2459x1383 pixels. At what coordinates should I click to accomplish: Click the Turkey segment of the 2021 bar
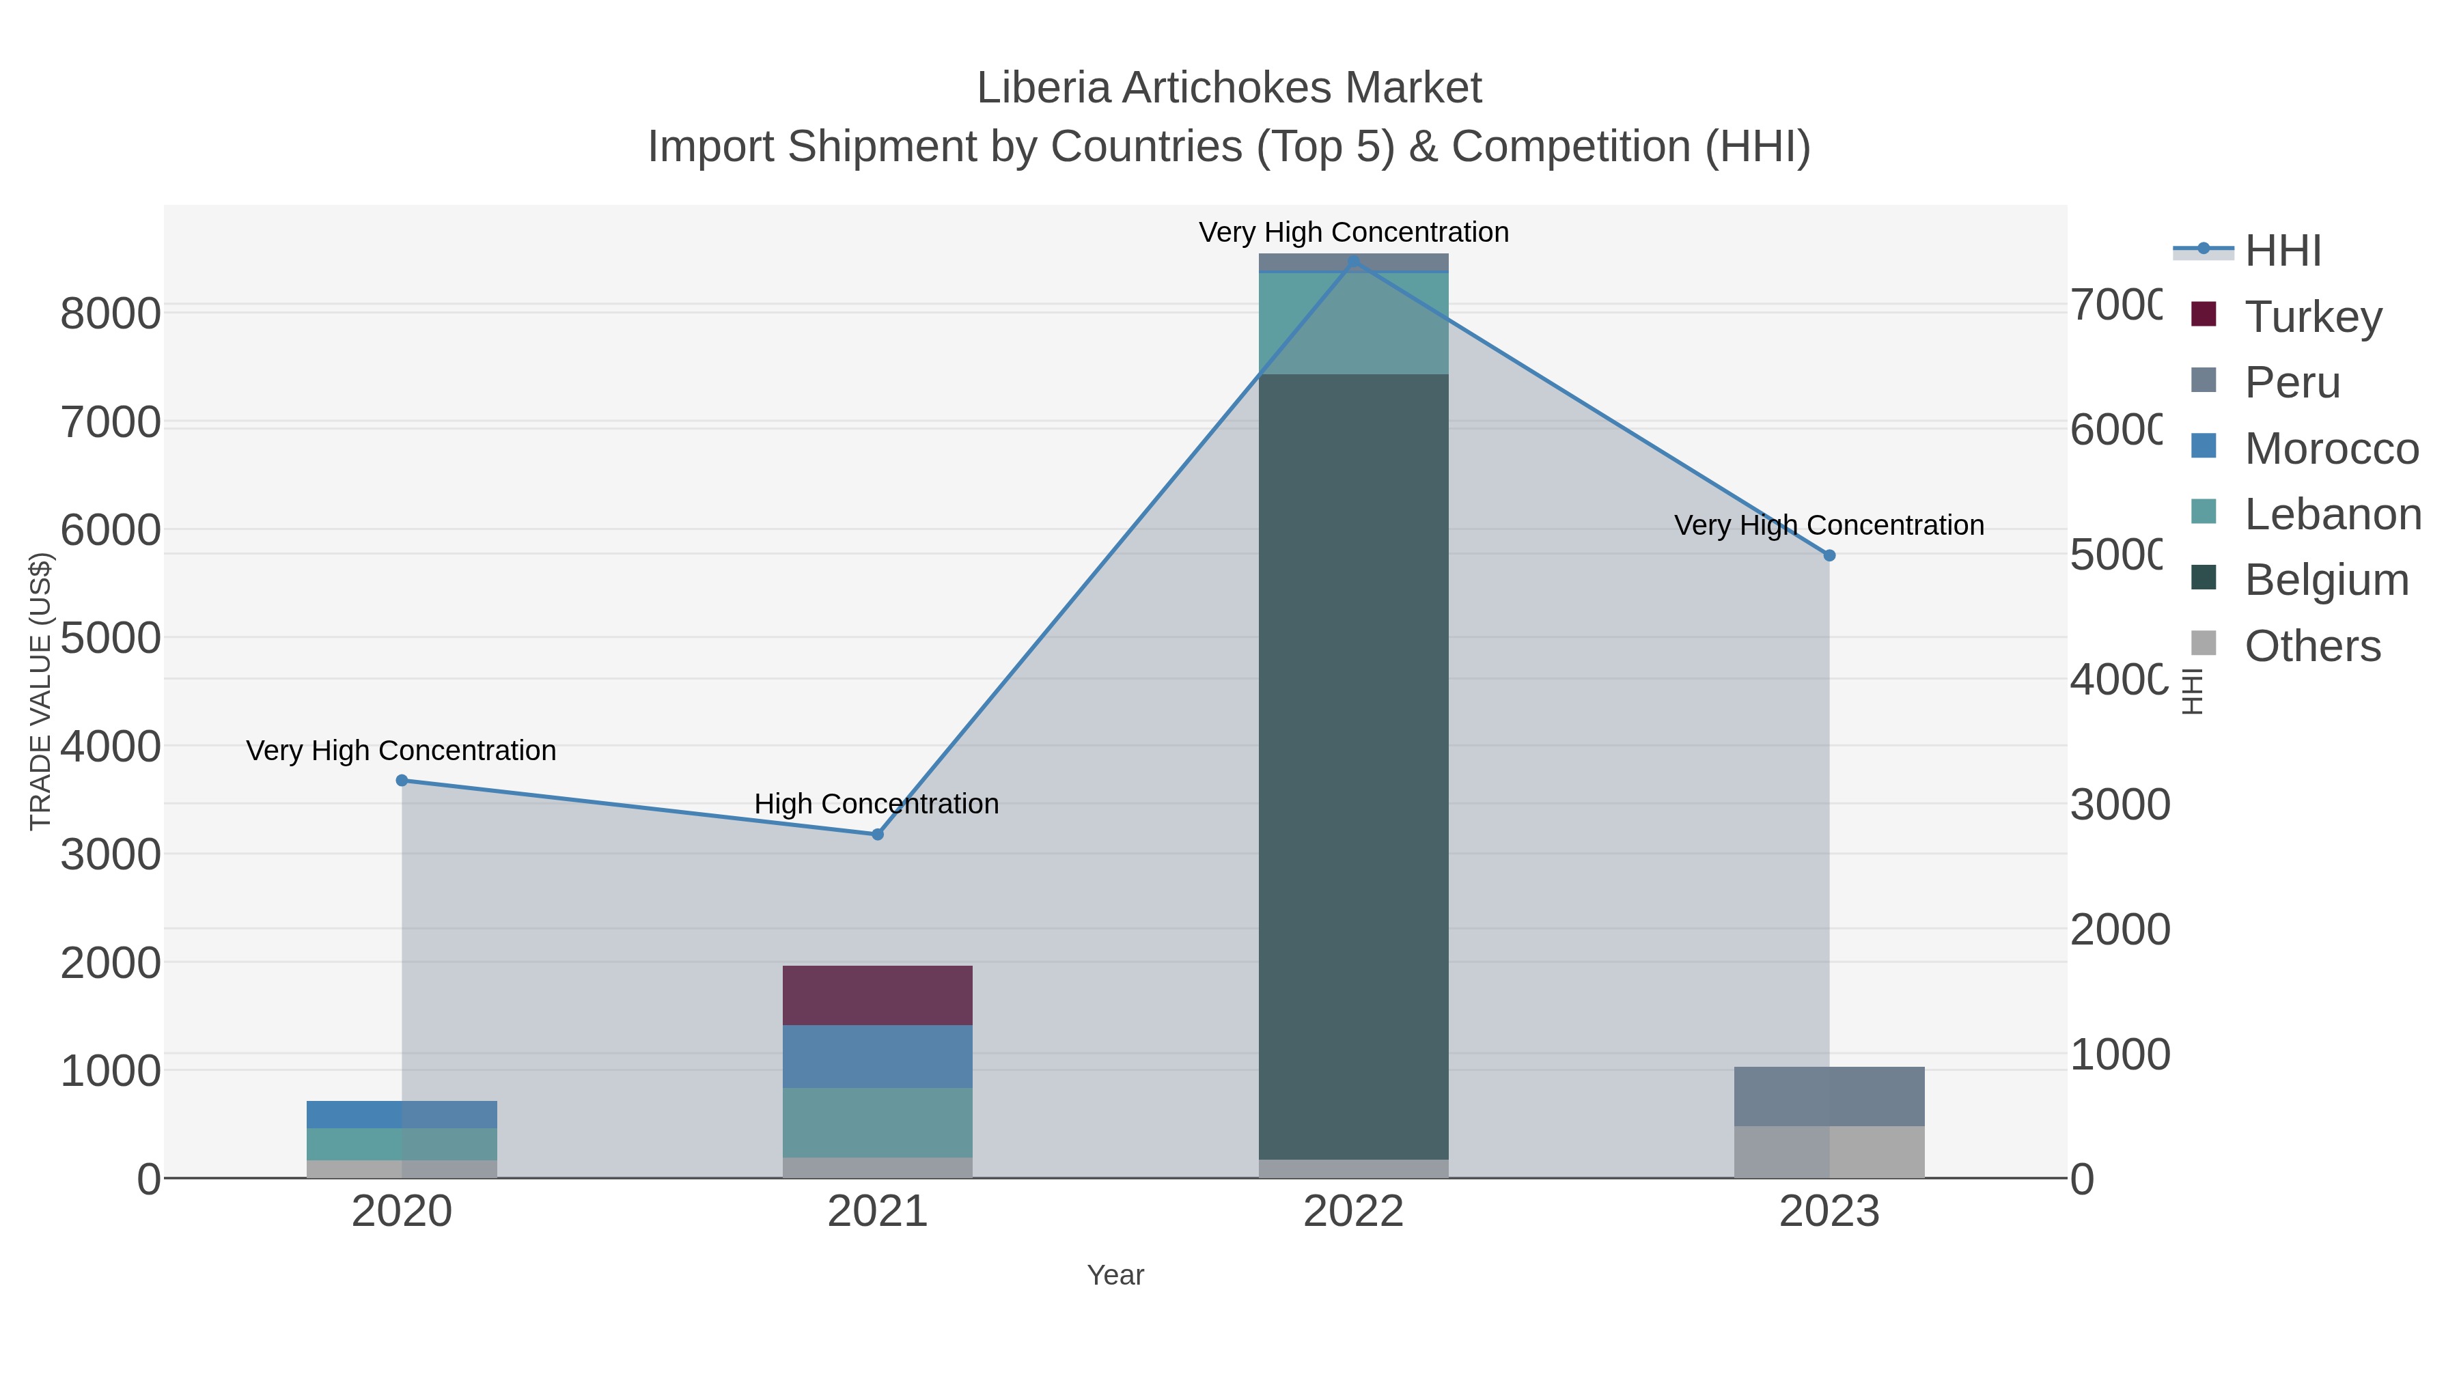click(x=877, y=996)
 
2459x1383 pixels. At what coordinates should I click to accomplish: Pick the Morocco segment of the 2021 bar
click(x=877, y=1057)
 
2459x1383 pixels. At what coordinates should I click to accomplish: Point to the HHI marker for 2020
click(x=402, y=781)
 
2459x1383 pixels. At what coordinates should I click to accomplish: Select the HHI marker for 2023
click(x=1829, y=555)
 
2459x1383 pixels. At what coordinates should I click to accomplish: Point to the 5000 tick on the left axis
click(x=111, y=638)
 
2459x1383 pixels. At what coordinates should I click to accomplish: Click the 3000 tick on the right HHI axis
click(x=2119, y=805)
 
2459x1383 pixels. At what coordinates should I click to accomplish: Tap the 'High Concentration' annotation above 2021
click(x=876, y=804)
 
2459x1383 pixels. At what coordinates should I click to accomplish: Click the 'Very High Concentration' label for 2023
click(x=1829, y=525)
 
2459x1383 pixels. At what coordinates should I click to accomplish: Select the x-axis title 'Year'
click(x=1115, y=1275)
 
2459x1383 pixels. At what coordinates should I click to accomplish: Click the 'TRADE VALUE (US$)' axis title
click(x=41, y=691)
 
